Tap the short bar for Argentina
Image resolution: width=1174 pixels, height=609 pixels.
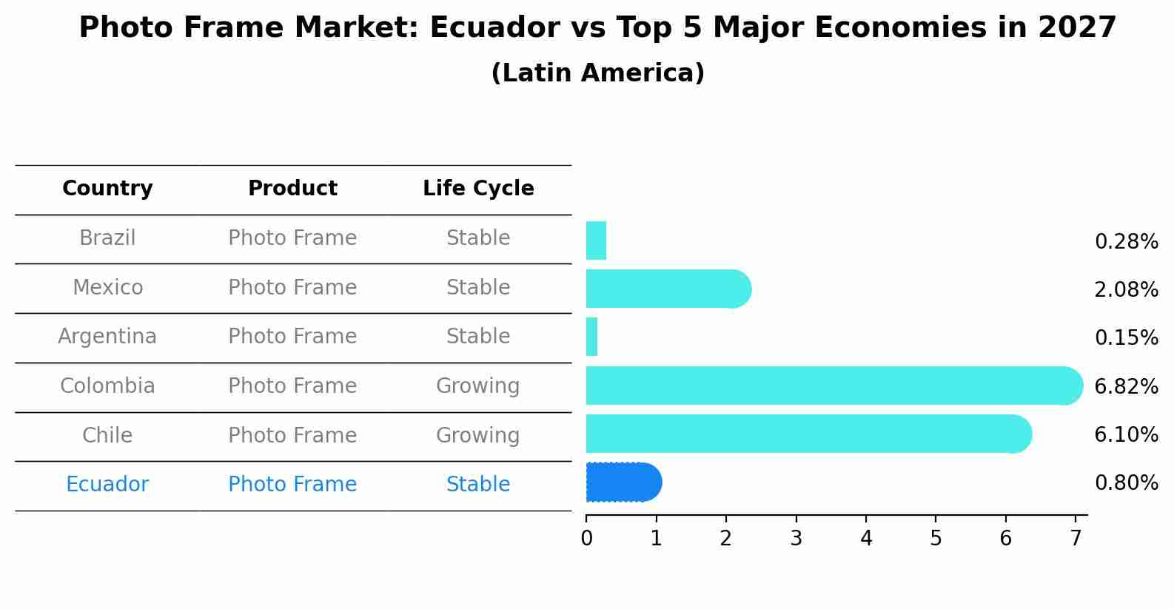coord(591,337)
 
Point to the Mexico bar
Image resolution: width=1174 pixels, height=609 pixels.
coord(666,289)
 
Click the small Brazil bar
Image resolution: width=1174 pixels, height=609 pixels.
coord(596,240)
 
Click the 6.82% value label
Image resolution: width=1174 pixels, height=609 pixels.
coord(1126,386)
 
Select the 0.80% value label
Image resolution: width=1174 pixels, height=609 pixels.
coord(1126,483)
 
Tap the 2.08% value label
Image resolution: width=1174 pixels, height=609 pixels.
coord(1126,290)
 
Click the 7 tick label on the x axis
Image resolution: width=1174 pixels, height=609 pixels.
coord(1076,539)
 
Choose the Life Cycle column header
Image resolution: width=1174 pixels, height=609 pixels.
coord(478,189)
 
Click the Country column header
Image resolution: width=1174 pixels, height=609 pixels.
coord(107,189)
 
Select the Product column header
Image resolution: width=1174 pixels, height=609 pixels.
coord(292,189)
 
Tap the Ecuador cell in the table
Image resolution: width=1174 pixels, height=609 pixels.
coord(107,485)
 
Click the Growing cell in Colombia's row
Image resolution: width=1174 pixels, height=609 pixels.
coord(477,386)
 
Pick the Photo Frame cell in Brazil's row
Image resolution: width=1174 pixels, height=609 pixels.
coord(292,238)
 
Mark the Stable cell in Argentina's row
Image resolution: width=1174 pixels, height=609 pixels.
coord(478,337)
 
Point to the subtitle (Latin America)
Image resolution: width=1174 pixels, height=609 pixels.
coord(597,73)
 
